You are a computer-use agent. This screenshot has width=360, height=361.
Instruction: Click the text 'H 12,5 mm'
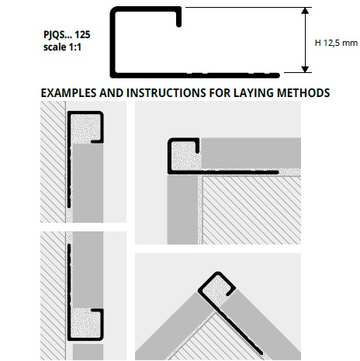(x=336, y=43)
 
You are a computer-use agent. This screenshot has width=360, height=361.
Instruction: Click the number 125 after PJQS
(x=82, y=34)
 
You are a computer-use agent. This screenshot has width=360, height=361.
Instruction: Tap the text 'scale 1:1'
(x=62, y=47)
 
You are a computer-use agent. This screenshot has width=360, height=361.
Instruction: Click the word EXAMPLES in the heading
(x=68, y=93)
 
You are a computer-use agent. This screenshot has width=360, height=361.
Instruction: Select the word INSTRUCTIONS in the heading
(x=167, y=93)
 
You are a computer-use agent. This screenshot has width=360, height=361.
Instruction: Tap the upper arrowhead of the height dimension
(x=305, y=11)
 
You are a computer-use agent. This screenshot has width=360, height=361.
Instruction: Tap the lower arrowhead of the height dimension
(x=305, y=69)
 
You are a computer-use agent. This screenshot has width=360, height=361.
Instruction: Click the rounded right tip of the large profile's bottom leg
(x=277, y=75)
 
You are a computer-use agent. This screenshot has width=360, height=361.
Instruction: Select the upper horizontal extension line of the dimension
(x=248, y=7)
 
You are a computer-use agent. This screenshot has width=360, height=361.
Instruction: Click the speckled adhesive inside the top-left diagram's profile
(x=85, y=128)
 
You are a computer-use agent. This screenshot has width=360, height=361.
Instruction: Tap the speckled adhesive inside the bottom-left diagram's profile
(x=85, y=323)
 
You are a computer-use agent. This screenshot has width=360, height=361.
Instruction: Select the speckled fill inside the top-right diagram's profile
(x=185, y=155)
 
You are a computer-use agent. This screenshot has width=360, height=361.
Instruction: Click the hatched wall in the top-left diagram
(x=53, y=161)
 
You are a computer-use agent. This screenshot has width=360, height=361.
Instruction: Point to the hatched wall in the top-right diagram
(x=251, y=210)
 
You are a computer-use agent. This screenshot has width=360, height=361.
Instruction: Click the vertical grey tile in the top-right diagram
(x=182, y=210)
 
